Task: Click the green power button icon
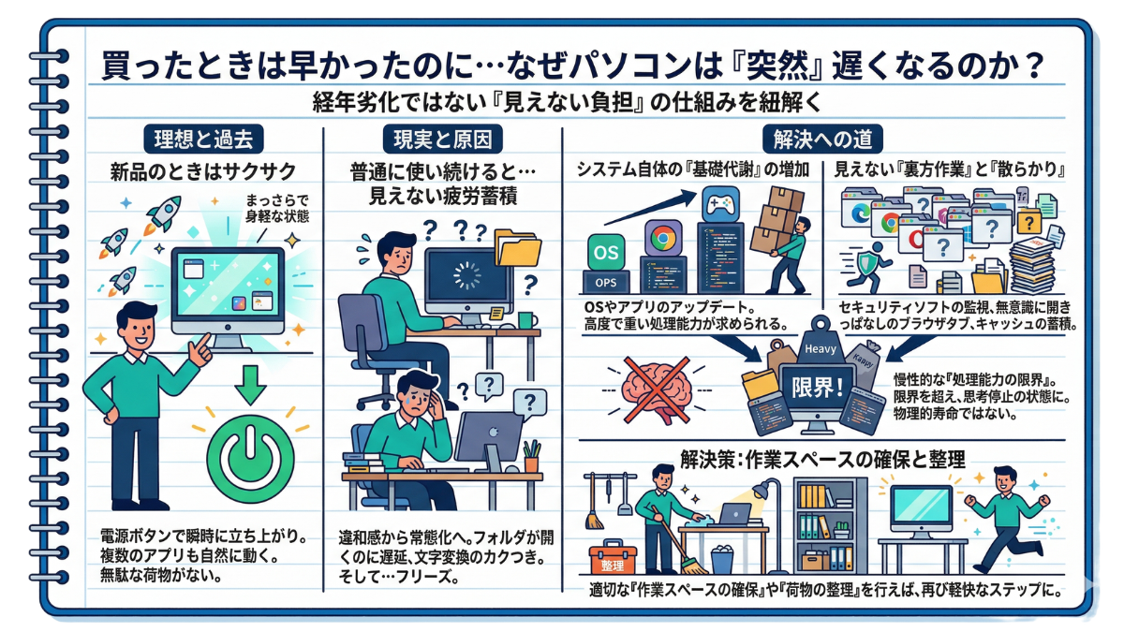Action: point(250,459)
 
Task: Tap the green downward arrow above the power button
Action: point(250,385)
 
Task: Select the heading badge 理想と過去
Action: point(203,139)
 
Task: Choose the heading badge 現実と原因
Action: point(442,139)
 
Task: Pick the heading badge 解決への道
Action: point(822,139)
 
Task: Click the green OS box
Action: point(606,252)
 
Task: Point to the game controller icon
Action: point(720,204)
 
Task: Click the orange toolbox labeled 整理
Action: point(613,558)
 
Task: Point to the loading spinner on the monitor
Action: point(466,276)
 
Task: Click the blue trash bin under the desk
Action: point(722,560)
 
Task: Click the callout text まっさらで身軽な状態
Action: point(277,209)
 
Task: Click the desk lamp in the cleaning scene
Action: point(768,525)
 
